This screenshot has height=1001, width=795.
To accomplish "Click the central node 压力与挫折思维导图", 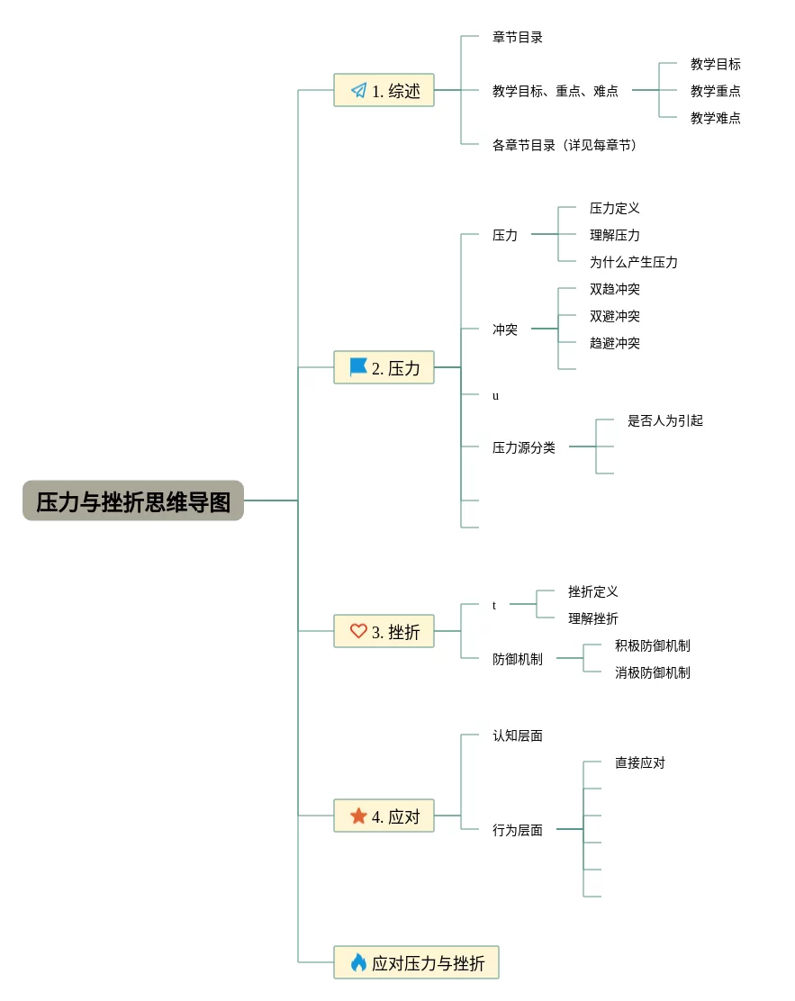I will [133, 501].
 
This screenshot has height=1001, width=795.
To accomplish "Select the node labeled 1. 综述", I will [384, 90].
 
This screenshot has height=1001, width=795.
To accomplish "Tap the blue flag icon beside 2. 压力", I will [358, 367].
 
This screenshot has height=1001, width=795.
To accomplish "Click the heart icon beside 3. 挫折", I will [358, 631].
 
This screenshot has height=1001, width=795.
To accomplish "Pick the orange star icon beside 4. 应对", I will [358, 816].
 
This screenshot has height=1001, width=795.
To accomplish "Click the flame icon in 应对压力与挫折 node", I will [358, 962].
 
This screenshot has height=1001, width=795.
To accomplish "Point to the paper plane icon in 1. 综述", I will [358, 90].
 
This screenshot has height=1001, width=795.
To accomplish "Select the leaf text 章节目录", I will [518, 37].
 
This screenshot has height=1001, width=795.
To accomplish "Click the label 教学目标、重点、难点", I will [556, 91].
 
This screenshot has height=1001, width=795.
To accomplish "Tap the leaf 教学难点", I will [716, 118].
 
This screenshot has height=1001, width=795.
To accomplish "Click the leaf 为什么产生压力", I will [634, 262].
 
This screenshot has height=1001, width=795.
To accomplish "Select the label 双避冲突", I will [615, 316].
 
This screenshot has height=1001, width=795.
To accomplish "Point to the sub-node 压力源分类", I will [524, 447].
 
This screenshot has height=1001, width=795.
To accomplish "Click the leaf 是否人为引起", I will [665, 420].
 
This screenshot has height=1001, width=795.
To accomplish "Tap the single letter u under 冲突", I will [495, 395].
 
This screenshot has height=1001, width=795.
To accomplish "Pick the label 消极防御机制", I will [653, 672].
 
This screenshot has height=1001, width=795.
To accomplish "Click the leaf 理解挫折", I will [593, 618].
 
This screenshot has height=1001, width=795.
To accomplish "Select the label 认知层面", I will [518, 735].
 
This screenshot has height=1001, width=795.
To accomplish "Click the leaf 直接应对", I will [640, 762].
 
